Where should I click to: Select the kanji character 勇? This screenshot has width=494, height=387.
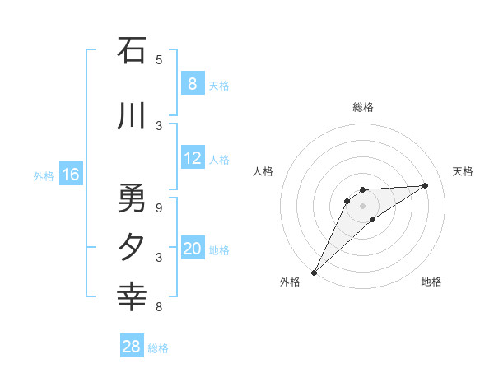[x=132, y=198]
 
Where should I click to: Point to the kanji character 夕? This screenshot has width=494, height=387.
[x=132, y=248]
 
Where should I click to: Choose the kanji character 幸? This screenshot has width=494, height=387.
[x=132, y=297]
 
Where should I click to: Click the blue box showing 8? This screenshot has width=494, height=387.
[x=193, y=83]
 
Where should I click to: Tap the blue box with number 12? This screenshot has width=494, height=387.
[x=193, y=159]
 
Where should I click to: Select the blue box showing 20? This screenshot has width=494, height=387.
[x=193, y=249]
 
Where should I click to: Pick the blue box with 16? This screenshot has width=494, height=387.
[x=71, y=174]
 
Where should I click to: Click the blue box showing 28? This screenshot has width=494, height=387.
[x=132, y=347]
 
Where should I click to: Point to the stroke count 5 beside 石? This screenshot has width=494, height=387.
[x=159, y=59]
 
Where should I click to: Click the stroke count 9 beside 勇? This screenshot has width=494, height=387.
[x=159, y=207]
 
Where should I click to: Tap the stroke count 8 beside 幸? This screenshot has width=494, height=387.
[x=159, y=307]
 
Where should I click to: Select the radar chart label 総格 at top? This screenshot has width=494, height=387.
[x=363, y=107]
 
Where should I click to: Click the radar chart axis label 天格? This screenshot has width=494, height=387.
[x=463, y=171]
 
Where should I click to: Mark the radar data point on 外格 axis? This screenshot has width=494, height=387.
[x=314, y=272]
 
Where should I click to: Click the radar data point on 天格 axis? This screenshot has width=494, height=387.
[x=425, y=185]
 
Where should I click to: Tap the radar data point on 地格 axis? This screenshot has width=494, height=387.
[x=373, y=219]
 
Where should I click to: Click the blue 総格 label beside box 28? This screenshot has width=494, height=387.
[x=158, y=348]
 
